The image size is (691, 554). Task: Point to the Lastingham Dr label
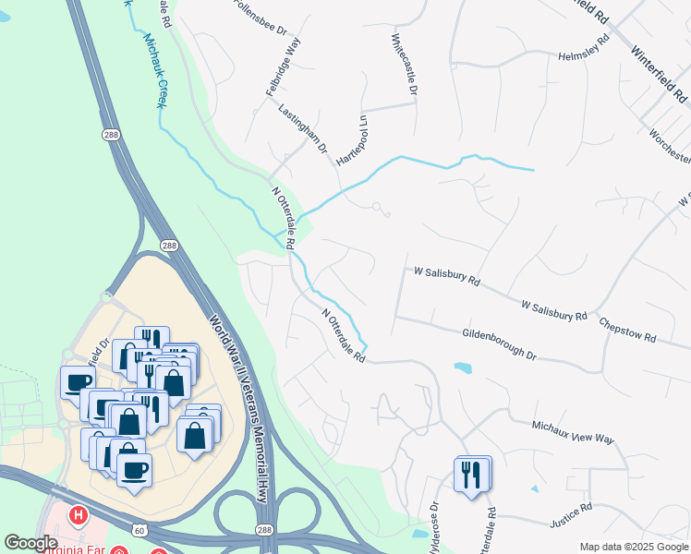tap(303, 127)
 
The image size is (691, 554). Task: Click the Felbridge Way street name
tap(284, 67)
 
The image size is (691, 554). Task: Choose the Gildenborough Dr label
tap(499, 343)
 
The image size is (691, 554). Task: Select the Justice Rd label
tap(572, 514)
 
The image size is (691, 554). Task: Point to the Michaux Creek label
tap(153, 70)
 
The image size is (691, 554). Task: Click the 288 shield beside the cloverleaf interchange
tap(265, 530)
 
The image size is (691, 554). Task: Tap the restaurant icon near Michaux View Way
tap(472, 476)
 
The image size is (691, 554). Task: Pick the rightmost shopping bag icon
tap(195, 436)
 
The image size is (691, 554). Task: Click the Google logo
tap(31, 544)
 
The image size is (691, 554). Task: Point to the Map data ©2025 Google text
tap(633, 547)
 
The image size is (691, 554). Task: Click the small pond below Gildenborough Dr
tap(463, 367)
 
